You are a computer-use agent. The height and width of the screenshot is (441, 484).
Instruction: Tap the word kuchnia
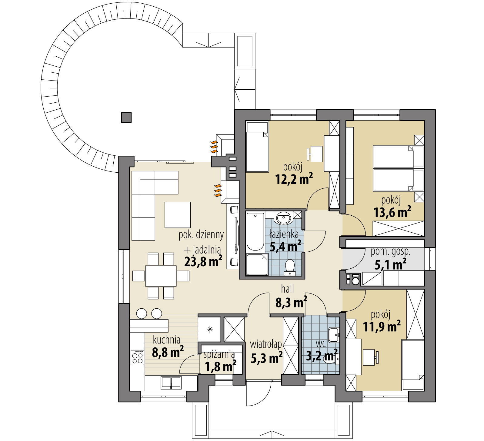[x=167, y=340]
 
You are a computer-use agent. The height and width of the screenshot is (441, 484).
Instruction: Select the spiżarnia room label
[x=219, y=354]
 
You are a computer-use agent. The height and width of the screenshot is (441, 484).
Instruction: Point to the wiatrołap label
[x=266, y=344]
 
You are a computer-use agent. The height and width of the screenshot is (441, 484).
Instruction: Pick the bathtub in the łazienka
[x=255, y=232]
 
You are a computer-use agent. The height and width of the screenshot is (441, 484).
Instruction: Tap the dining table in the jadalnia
[x=161, y=276]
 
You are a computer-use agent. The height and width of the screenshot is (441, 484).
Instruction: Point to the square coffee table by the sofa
[x=178, y=215]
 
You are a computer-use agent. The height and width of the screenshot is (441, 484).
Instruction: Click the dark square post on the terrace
[x=126, y=117]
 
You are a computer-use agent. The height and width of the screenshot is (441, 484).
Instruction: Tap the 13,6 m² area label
[x=392, y=212]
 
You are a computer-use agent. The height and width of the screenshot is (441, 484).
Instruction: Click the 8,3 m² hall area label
[x=291, y=302]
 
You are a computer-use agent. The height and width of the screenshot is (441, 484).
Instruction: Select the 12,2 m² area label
[x=294, y=179]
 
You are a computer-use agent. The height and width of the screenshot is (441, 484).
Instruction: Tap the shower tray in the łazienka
[x=257, y=264]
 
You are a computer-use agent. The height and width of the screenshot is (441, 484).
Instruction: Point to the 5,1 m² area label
[x=390, y=265]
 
